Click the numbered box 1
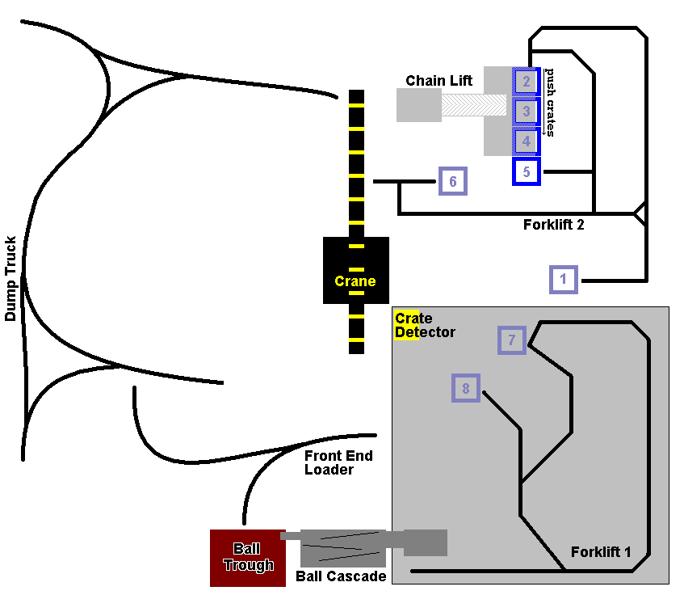(564, 280)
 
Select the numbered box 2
(526, 81)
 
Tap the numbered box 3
(526, 111)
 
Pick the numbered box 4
(526, 141)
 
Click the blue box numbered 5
(526, 171)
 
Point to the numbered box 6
(453, 182)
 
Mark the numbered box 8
(466, 389)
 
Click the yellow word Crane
(355, 281)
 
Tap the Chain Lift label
(439, 81)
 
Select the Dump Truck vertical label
(11, 279)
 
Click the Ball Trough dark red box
(248, 558)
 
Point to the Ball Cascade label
(341, 576)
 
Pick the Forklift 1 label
(600, 552)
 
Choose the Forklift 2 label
(553, 225)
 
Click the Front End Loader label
(338, 462)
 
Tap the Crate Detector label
(425, 325)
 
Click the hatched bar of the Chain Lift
(477, 106)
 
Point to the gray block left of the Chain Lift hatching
(418, 105)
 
